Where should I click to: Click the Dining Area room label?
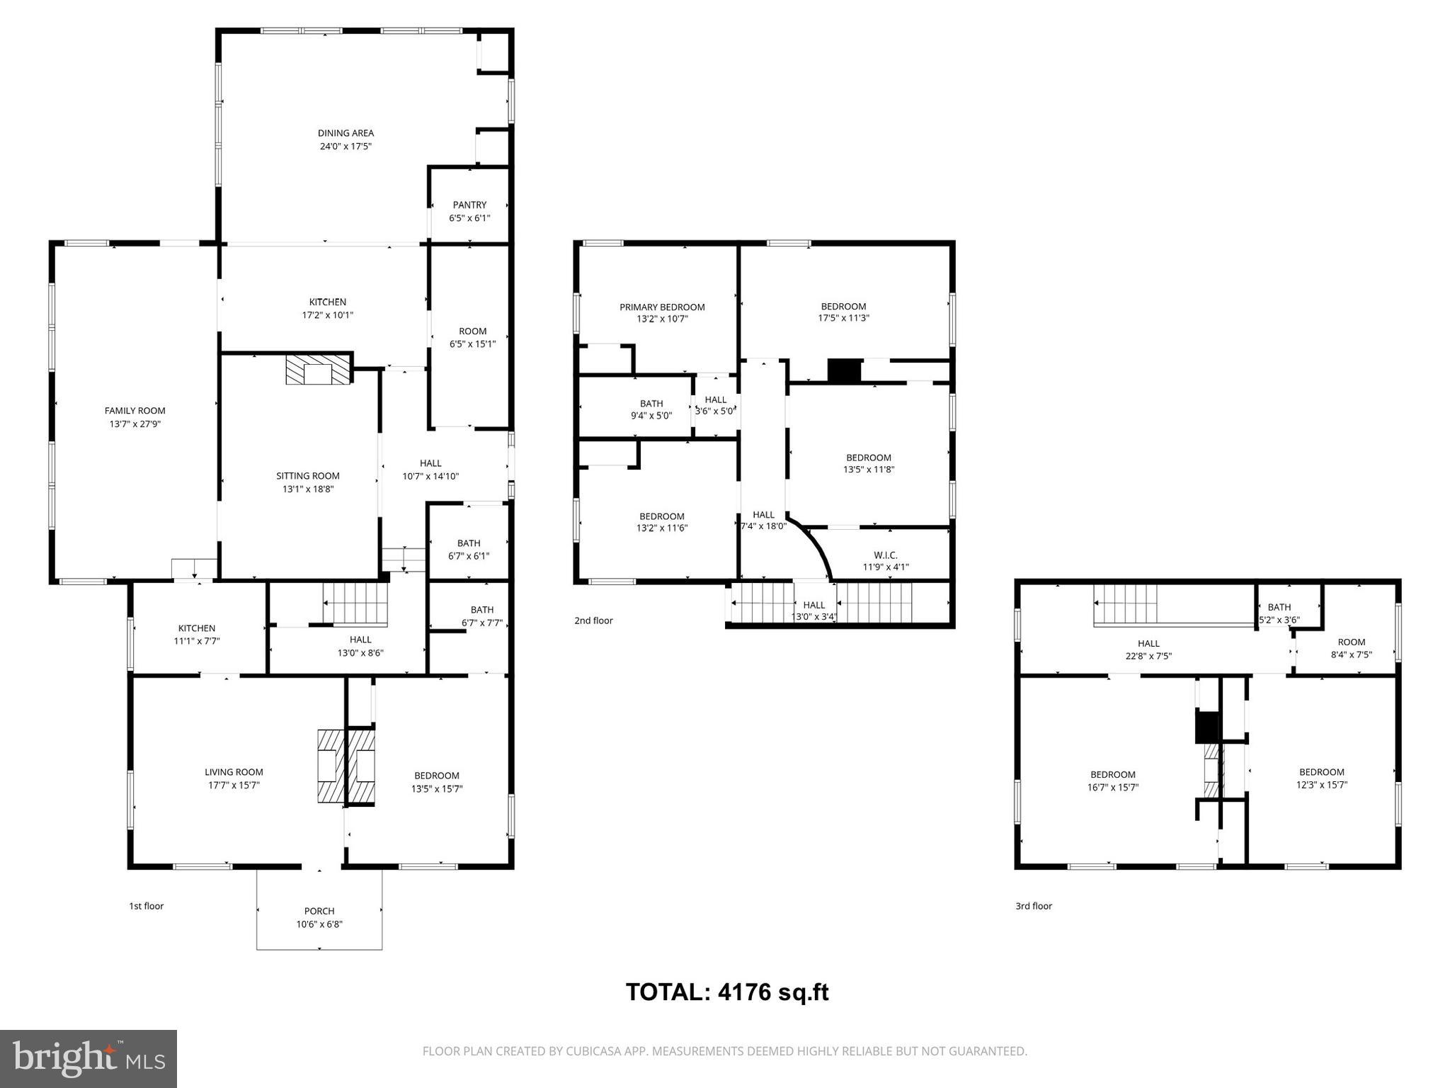[x=346, y=133]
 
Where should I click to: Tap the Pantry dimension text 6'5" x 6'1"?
[x=469, y=218]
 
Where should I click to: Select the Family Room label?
[x=135, y=411]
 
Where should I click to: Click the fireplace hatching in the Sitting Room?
[x=318, y=370]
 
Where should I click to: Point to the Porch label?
[x=319, y=911]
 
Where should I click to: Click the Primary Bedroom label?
[x=662, y=307]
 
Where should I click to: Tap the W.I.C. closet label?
[x=885, y=555]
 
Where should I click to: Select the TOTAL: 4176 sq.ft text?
[x=727, y=992]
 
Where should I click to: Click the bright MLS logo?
[x=89, y=1059]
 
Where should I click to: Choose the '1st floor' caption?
[x=146, y=906]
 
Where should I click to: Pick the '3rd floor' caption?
[x=1034, y=906]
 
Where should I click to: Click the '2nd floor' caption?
[x=593, y=620]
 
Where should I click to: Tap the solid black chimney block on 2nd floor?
[x=844, y=371]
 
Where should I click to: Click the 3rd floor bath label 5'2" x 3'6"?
[x=1279, y=619]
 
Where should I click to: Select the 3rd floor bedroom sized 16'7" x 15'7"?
[x=1113, y=781]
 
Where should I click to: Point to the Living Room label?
[x=234, y=772]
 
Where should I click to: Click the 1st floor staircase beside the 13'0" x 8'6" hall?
[x=355, y=603]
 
